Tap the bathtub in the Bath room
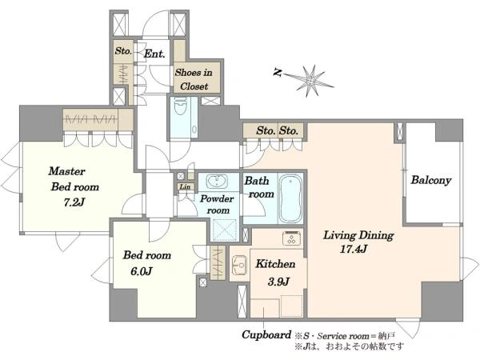click(x=290, y=198)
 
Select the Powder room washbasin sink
click(x=217, y=181)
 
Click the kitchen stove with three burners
click(x=291, y=238)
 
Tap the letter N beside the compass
click(x=278, y=73)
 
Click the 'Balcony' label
click(x=431, y=180)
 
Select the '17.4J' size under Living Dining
click(x=354, y=249)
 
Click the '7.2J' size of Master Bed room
click(x=74, y=202)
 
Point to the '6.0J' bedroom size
click(x=142, y=271)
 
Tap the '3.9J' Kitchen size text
click(x=278, y=282)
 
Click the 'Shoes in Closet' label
click(x=194, y=79)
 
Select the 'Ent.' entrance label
click(x=154, y=54)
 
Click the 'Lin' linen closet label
click(x=185, y=186)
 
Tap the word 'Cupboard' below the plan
click(x=266, y=335)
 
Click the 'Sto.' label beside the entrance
click(x=123, y=51)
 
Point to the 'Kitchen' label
click(x=275, y=264)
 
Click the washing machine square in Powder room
click(x=225, y=230)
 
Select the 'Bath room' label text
click(x=259, y=187)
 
